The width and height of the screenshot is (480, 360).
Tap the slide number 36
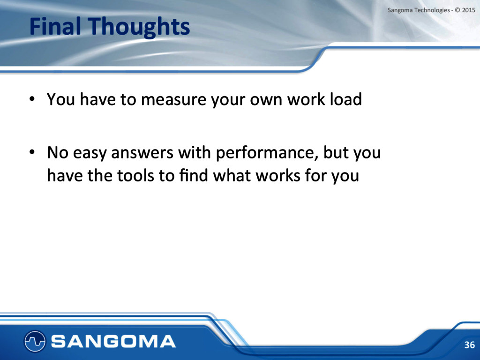point(469,345)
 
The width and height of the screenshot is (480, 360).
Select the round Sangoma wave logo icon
point(35,341)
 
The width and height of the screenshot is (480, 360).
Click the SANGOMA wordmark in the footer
point(113,341)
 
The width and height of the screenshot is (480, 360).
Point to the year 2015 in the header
point(468,10)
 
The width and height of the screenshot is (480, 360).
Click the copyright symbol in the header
point(457,10)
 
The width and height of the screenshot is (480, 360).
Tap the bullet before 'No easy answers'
point(32,152)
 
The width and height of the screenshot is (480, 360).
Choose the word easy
point(90,154)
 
